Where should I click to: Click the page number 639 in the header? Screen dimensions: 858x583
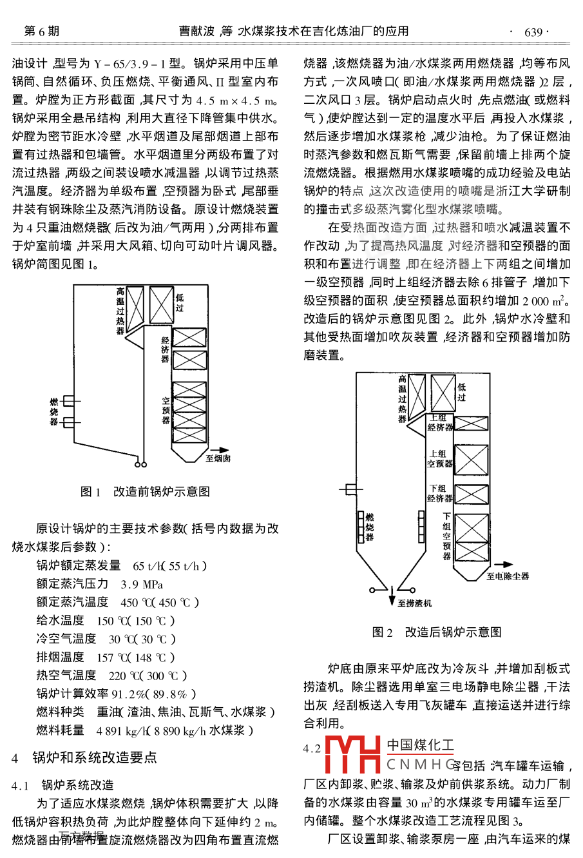[533, 32]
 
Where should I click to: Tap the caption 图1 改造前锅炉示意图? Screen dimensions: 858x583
[145, 491]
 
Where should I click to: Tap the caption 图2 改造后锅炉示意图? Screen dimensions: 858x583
[437, 632]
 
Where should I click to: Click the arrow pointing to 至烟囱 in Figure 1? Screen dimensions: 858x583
[220, 450]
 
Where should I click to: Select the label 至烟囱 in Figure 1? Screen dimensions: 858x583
[218, 459]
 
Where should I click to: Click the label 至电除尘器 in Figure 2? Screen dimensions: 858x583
[508, 576]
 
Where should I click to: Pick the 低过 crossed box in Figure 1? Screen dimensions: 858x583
[161, 304]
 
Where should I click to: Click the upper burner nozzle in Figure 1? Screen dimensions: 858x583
[69, 401]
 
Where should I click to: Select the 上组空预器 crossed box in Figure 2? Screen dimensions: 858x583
[471, 460]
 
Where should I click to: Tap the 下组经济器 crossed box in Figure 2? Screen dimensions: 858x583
[471, 494]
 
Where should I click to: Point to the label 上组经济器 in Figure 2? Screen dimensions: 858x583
[440, 423]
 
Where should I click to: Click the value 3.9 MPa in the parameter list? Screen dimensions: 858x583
[142, 584]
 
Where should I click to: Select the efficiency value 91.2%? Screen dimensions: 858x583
[128, 694]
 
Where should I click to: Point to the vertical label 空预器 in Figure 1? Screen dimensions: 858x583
[166, 411]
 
